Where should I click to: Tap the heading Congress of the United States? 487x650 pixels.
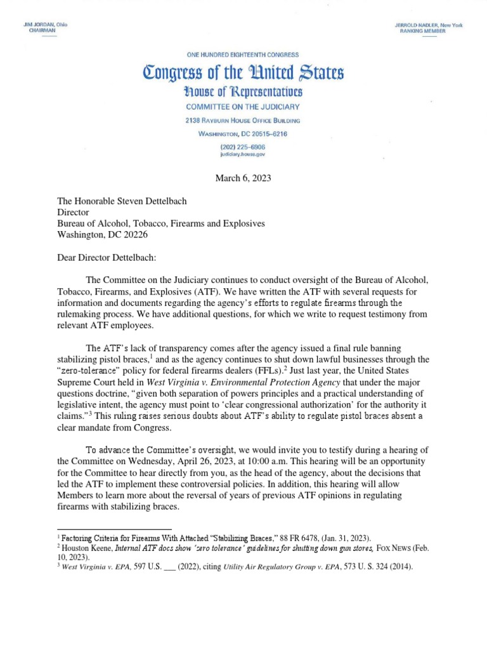[x=243, y=73]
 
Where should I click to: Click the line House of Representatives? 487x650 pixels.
[x=243, y=92]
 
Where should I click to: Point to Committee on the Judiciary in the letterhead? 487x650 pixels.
[x=243, y=107]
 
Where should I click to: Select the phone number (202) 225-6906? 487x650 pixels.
[x=243, y=146]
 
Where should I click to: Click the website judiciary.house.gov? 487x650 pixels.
[x=243, y=154]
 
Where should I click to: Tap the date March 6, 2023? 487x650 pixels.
[x=243, y=178]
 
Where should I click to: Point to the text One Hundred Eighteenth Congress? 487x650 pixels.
[x=243, y=55]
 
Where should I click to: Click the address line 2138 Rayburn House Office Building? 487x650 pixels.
[x=243, y=121]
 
